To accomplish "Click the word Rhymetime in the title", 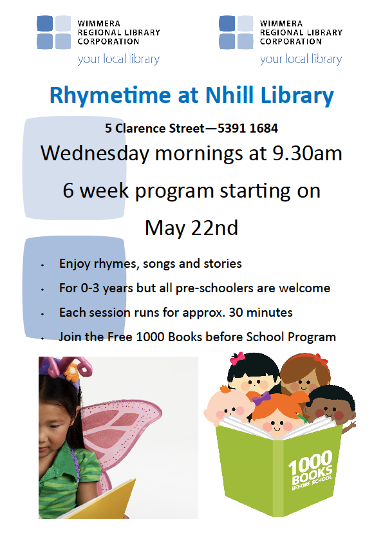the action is click(x=110, y=96).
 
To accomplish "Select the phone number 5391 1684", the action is click(x=247, y=128).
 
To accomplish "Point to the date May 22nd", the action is click(x=192, y=228).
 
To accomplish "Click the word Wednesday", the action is click(x=95, y=153).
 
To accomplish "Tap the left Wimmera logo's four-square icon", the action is click(x=53, y=32).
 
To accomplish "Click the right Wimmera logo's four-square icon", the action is click(x=236, y=32).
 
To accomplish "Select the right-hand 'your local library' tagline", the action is click(x=301, y=59).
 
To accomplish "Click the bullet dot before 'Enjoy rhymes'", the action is click(x=42, y=265).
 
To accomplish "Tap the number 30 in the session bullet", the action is click(x=236, y=312).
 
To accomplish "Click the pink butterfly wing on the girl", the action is click(x=121, y=429).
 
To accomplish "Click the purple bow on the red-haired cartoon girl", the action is click(x=261, y=398).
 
